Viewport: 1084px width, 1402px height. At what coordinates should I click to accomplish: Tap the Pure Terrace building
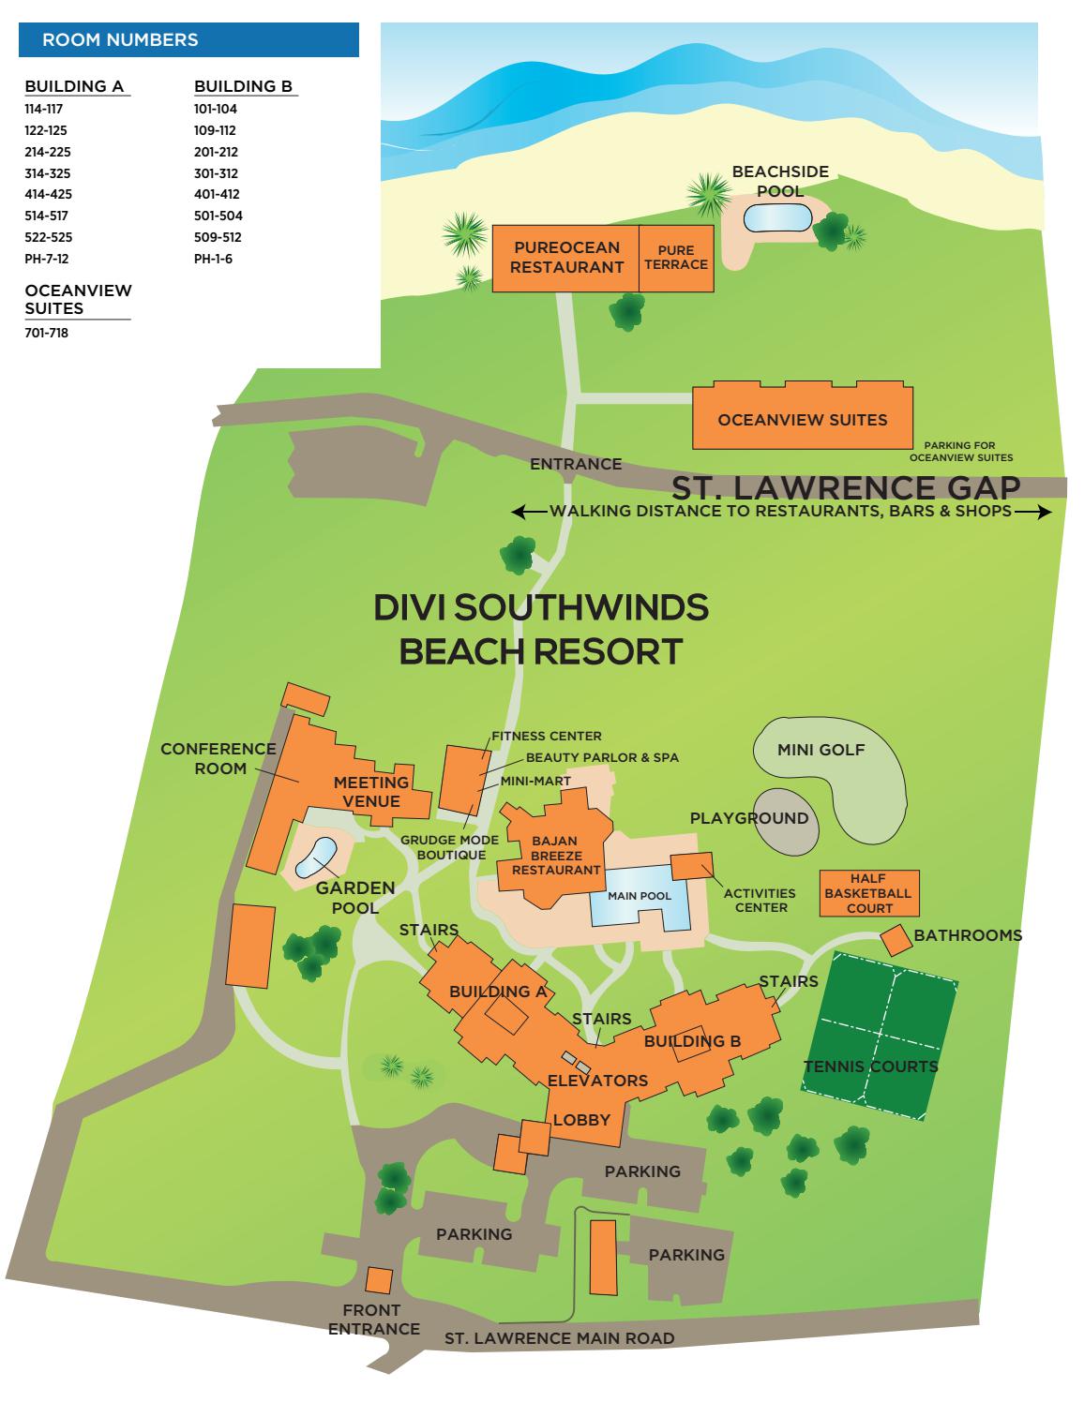coord(675,258)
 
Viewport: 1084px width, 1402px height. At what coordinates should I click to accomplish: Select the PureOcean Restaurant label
coord(566,258)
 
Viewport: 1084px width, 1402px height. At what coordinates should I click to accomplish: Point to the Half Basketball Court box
coord(868,893)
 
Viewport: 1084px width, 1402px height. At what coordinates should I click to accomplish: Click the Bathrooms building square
coord(894,940)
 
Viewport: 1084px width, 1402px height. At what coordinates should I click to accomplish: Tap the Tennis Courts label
coord(871,1066)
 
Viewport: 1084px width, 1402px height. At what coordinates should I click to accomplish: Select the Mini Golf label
coord(821,750)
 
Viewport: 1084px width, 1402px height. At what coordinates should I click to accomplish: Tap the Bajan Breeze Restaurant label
coord(556,856)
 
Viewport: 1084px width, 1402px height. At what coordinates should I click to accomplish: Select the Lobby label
coord(581,1120)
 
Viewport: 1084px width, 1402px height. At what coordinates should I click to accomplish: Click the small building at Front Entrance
coord(379,1280)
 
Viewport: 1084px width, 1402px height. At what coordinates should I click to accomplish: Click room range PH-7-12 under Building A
coord(47,259)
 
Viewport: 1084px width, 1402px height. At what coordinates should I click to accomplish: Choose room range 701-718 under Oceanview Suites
coord(47,333)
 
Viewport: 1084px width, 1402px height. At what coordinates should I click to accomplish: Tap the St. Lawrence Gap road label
coord(846,487)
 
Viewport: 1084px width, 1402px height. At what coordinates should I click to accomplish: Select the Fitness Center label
coord(547,736)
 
